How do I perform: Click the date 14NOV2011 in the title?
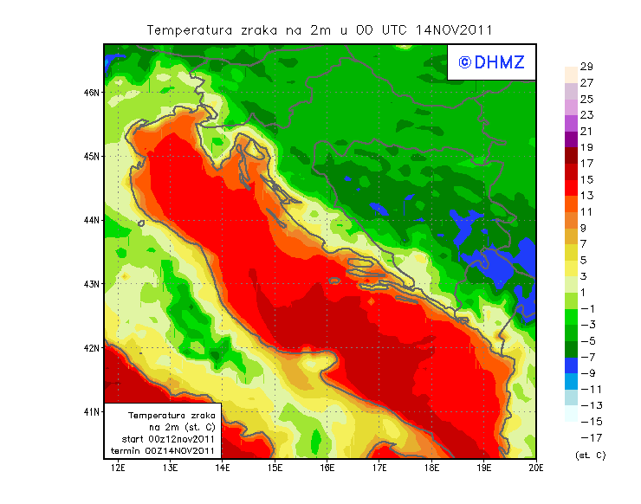[x=454, y=29]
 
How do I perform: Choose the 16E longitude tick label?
[x=327, y=468]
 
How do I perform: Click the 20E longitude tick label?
[x=536, y=468]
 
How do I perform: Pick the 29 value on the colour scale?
[x=586, y=67]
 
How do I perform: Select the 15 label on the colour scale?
[x=586, y=179]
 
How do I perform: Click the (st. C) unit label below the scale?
[x=590, y=455]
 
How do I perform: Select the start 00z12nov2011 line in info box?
[x=169, y=439]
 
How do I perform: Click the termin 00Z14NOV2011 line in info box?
[x=169, y=450]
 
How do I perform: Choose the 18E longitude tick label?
[x=431, y=468]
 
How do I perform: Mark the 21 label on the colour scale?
[x=586, y=131]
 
